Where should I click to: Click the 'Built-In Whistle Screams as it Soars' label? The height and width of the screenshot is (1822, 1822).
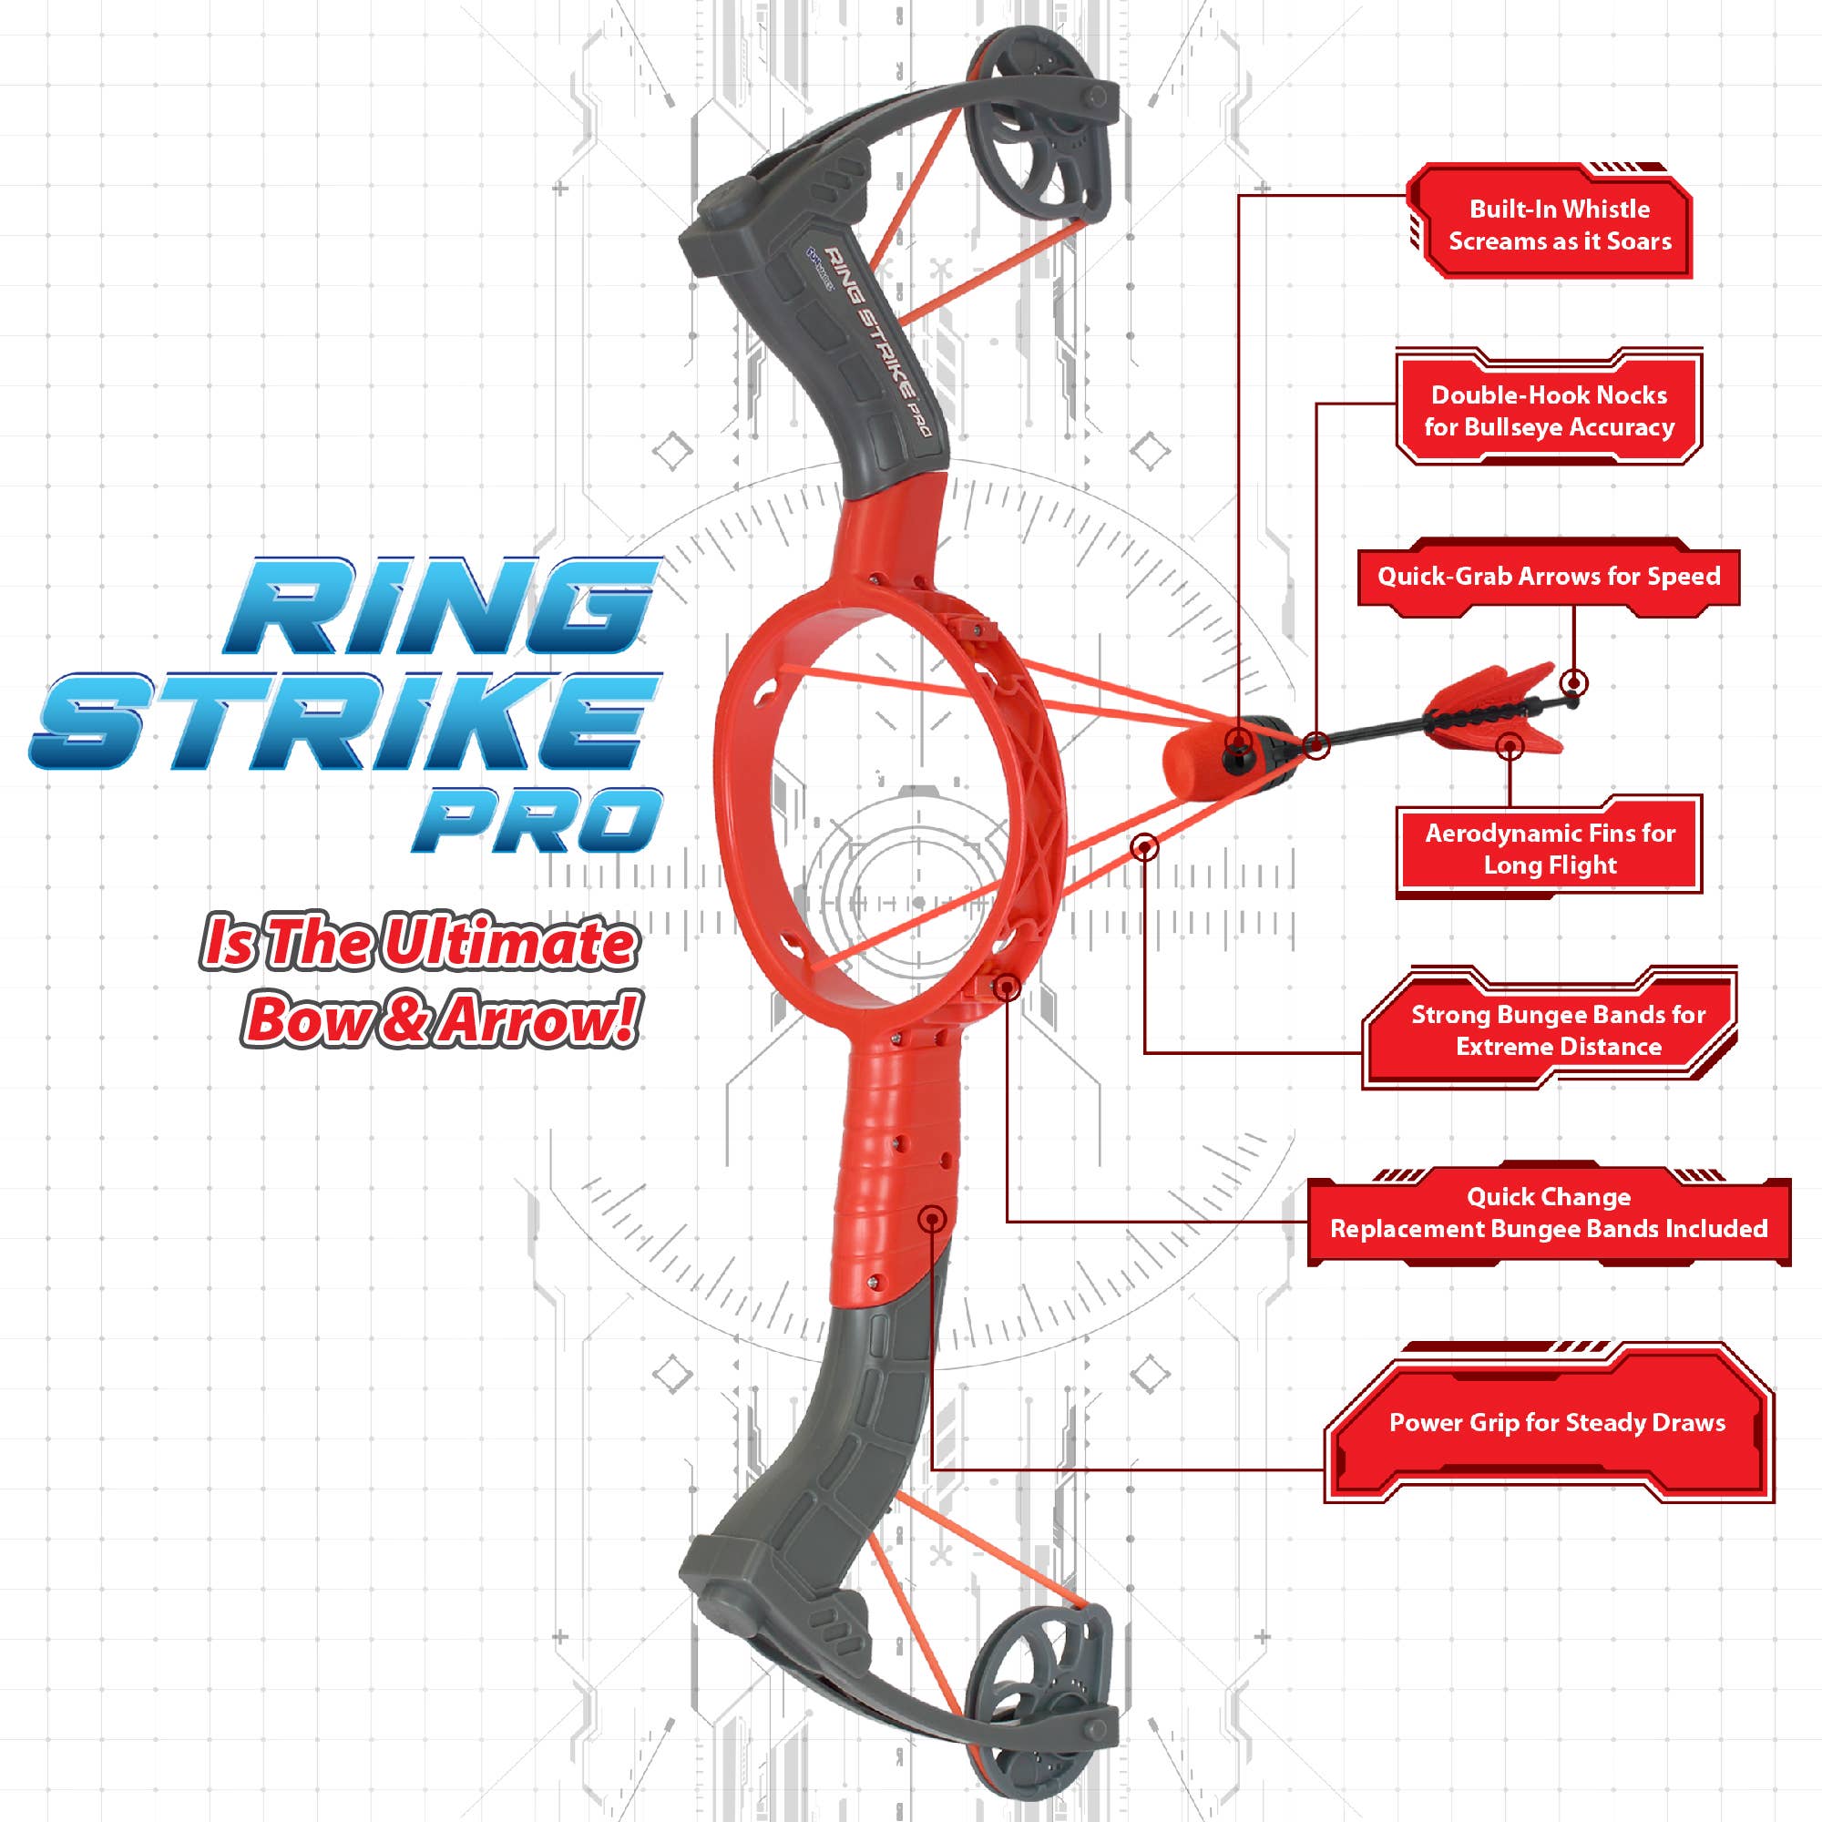point(1559,225)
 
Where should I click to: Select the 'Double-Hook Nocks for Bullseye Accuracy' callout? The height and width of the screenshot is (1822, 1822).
point(1549,411)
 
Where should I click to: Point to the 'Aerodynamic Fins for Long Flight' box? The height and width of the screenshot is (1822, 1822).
point(1550,849)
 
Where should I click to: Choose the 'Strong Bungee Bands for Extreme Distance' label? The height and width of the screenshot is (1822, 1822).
point(1558,1029)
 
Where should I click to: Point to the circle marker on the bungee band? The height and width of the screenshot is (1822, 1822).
point(1144,847)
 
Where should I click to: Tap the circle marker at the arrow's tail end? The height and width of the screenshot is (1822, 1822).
point(1573,681)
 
